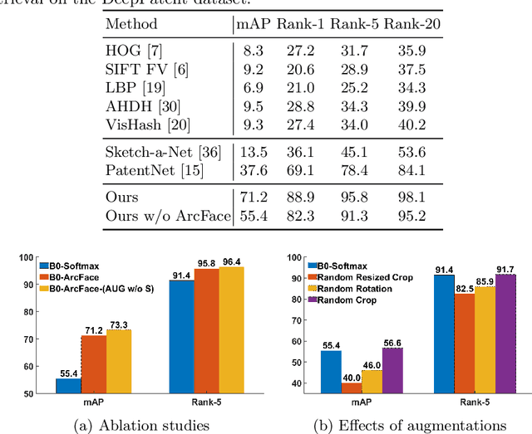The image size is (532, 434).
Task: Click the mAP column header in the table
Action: point(255,26)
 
